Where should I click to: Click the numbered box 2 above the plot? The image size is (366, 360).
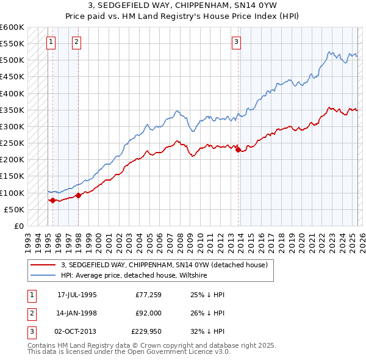tap(76, 42)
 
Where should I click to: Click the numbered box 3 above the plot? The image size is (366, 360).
tap(236, 42)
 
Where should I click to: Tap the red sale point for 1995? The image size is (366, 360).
tap(52, 200)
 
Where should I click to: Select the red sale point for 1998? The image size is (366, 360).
tap(78, 195)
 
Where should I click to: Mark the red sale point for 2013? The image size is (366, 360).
tap(238, 149)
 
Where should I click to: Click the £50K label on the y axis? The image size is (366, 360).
tap(14, 209)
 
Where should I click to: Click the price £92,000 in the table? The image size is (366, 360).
tap(147, 314)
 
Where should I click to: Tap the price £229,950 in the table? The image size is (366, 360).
tap(146, 333)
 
